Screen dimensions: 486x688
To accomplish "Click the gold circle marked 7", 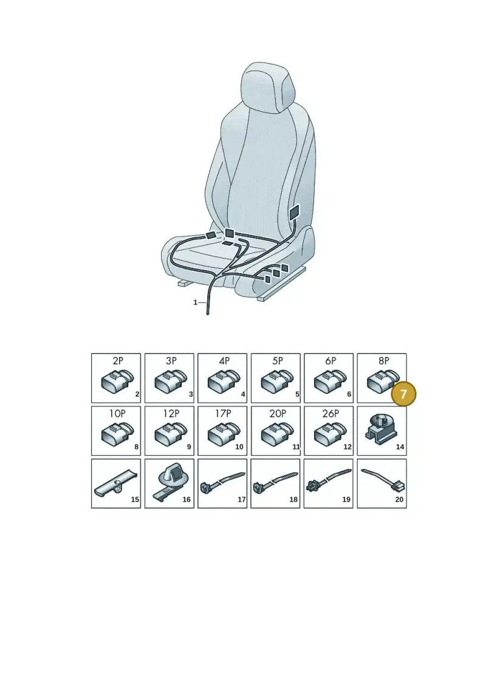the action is (x=403, y=394).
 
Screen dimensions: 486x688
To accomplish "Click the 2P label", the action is (x=118, y=361).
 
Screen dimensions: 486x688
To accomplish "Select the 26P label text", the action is (x=330, y=413).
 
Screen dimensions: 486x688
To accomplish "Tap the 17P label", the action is (x=223, y=413).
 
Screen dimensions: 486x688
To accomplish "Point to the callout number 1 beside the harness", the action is (x=196, y=302).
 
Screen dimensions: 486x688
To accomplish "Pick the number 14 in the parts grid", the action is (x=400, y=447).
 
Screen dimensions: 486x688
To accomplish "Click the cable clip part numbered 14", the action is (x=380, y=429).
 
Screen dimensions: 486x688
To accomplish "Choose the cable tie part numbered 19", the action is (x=329, y=479).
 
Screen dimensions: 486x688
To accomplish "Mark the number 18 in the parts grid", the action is (x=293, y=499).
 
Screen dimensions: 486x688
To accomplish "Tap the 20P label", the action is (x=278, y=413).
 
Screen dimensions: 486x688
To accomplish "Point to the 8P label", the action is (x=384, y=361).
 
